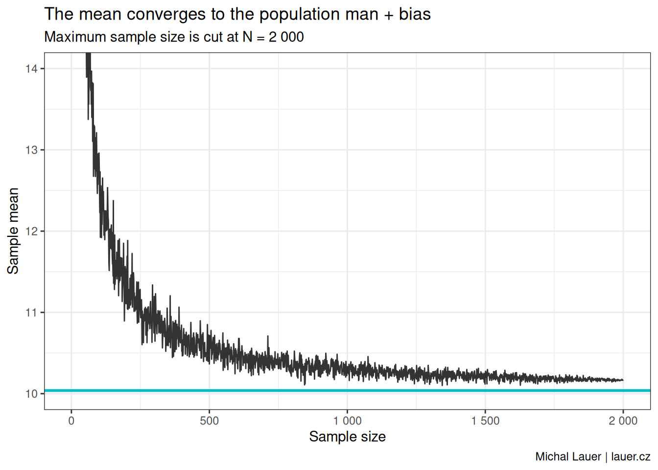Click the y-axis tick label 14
click(x=31, y=69)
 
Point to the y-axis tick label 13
click(x=31, y=150)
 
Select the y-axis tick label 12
click(x=31, y=231)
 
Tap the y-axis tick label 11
click(x=31, y=312)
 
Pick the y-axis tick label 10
click(x=31, y=394)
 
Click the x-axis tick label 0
click(x=71, y=421)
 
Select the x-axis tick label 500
click(x=210, y=421)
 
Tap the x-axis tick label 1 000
click(x=348, y=421)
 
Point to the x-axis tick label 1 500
click(x=485, y=421)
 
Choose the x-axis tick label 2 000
click(x=623, y=421)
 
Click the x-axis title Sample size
click(x=347, y=437)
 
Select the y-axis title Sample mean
click(x=13, y=231)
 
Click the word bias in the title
click(x=415, y=14)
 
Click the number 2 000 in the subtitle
click(x=286, y=37)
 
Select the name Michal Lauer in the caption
click(x=568, y=457)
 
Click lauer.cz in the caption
click(x=631, y=457)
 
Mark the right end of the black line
click(x=623, y=380)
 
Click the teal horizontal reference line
click(x=343, y=391)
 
